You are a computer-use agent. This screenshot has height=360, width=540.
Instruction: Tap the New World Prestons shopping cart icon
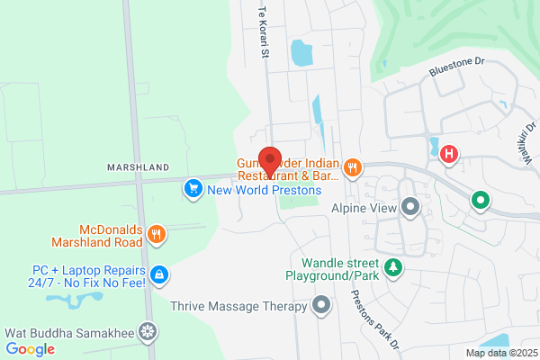(x=193, y=189)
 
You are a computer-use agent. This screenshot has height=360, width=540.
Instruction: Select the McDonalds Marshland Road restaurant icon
(x=157, y=235)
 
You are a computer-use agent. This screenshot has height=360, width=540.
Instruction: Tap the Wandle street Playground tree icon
(x=392, y=266)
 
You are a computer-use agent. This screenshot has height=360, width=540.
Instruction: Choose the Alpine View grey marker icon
(x=411, y=208)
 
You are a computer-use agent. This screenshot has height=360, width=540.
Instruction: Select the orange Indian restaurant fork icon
(x=353, y=166)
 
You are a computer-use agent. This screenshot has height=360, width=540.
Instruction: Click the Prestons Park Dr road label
(x=368, y=315)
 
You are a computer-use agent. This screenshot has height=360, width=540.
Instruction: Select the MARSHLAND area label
(x=138, y=167)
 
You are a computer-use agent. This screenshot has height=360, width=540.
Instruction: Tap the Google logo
(x=30, y=348)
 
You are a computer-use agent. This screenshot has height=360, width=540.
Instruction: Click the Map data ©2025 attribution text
(x=499, y=353)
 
